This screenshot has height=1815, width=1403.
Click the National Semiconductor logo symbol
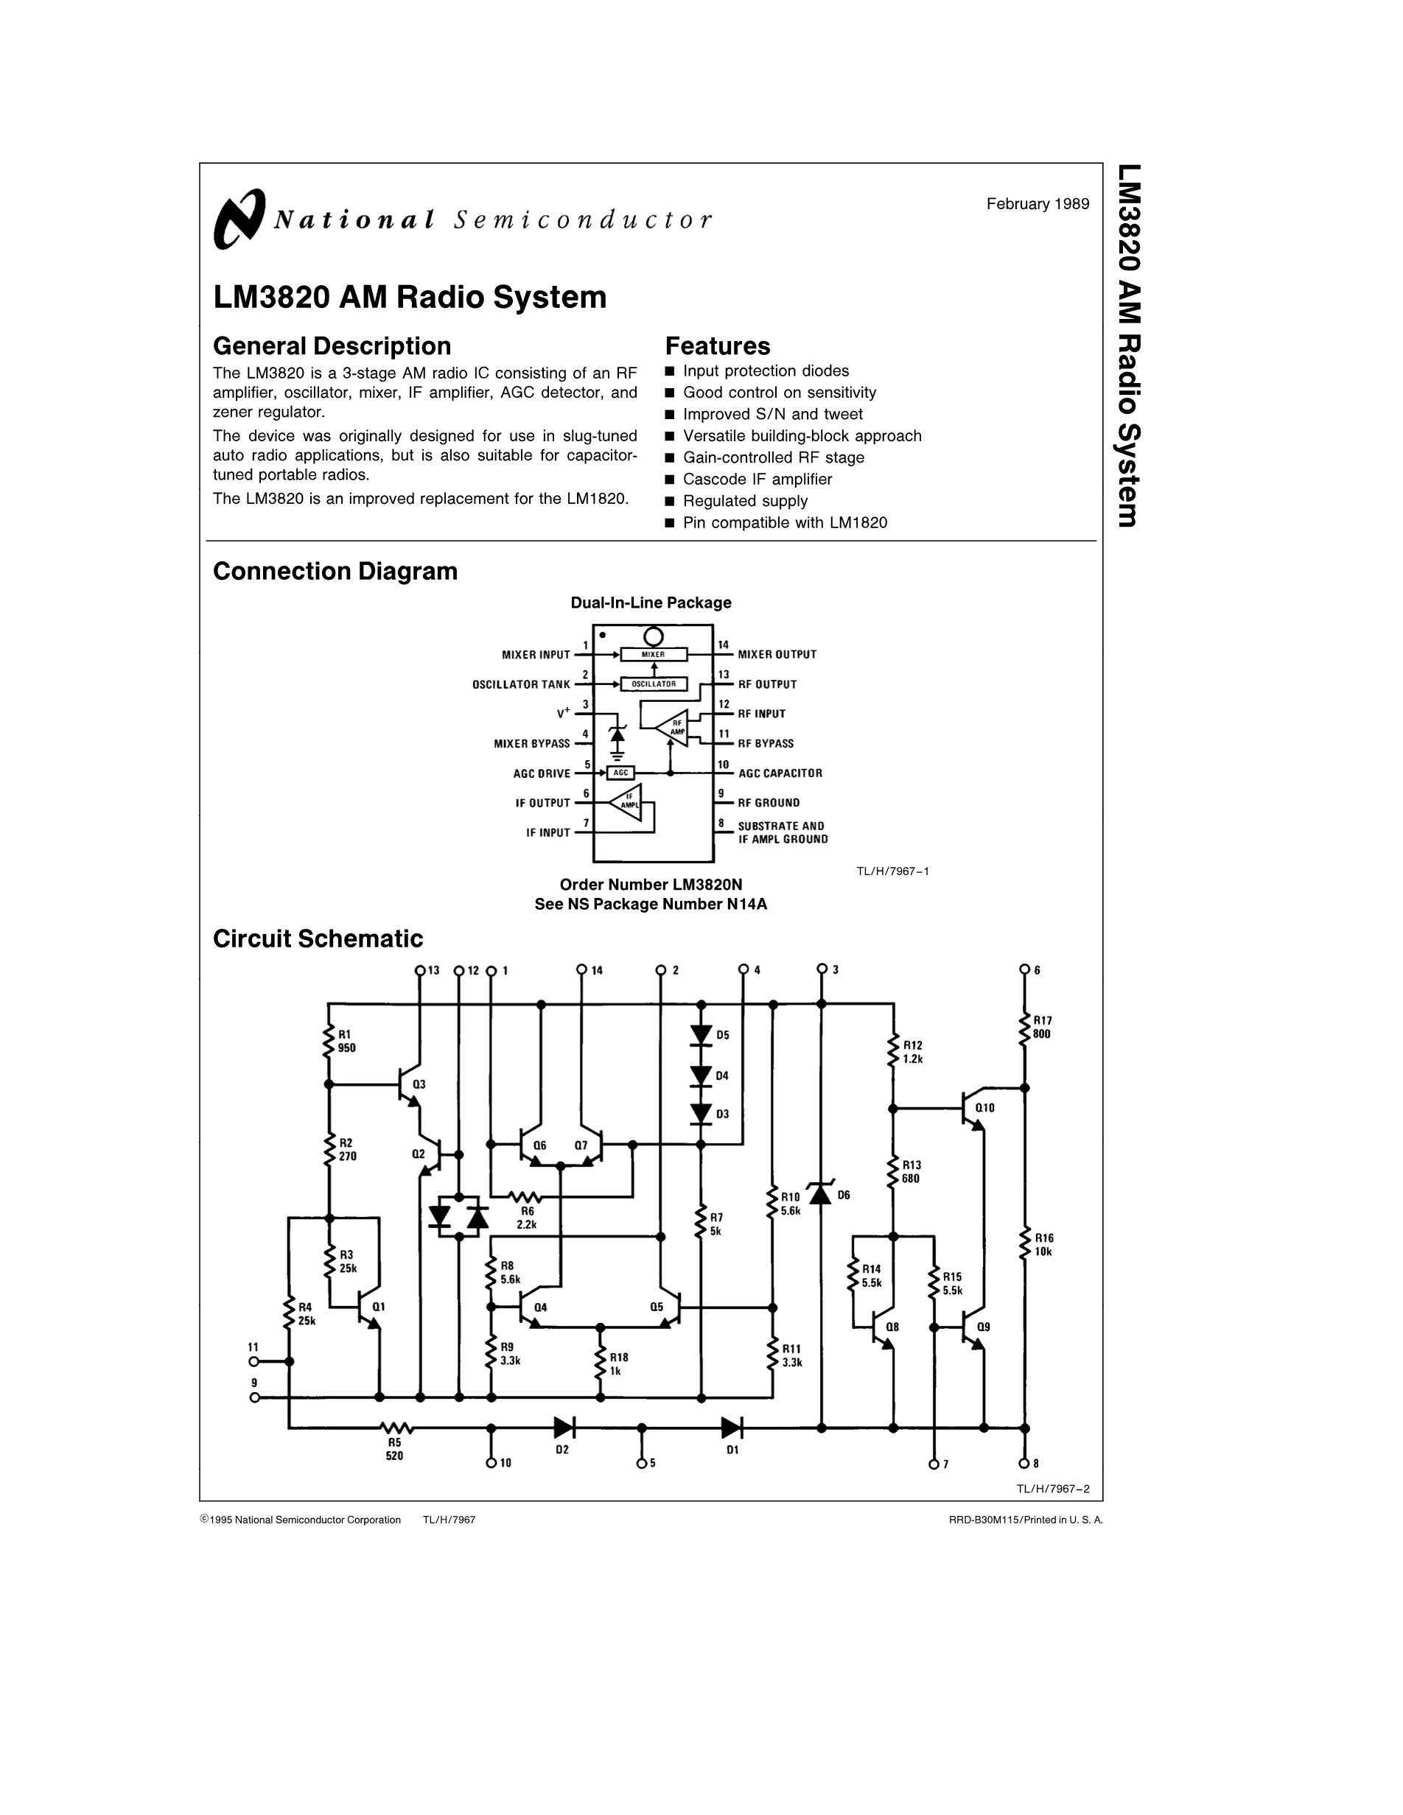pos(239,219)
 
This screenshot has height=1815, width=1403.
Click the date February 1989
pos(1038,203)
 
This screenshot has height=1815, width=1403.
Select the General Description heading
pos(332,345)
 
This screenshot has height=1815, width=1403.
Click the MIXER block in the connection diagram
pos(654,655)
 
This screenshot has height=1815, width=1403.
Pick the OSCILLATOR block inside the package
pos(654,684)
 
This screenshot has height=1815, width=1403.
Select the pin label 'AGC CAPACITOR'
pos(780,773)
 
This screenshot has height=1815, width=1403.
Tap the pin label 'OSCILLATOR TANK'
pos(521,685)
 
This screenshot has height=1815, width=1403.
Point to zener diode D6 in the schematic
pos(821,1194)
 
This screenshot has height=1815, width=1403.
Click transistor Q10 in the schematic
pos(970,1108)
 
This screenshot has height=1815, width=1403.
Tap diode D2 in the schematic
pos(564,1428)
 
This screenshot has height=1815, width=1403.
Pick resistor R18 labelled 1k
pos(599,1363)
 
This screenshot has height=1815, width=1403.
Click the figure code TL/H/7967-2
pos(1052,1489)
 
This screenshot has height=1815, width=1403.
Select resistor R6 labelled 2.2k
pos(525,1197)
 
